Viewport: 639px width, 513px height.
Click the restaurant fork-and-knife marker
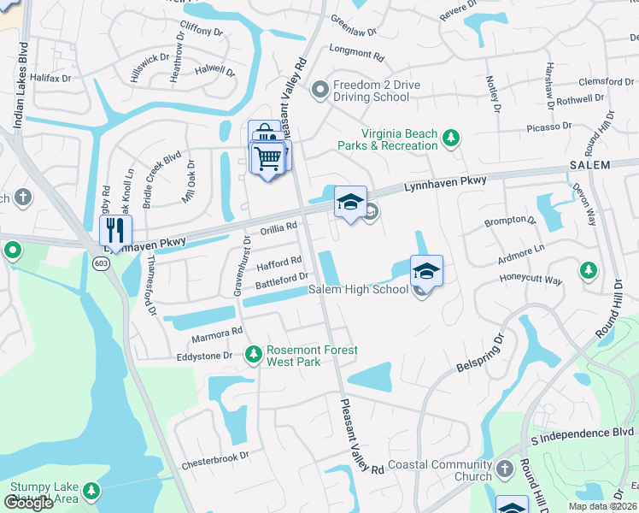[115, 230]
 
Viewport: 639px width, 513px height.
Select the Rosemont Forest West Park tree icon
[253, 353]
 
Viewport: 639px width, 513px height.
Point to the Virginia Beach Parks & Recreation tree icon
[451, 138]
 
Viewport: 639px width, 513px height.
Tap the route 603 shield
[101, 264]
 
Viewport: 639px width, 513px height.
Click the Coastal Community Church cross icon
[504, 469]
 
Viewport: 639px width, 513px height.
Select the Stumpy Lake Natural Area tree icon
[90, 492]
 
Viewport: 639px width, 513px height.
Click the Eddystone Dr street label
[204, 356]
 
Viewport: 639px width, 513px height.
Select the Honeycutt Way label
[531, 280]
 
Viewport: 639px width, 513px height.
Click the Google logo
[28, 503]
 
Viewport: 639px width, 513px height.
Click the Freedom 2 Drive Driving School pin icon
[320, 89]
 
